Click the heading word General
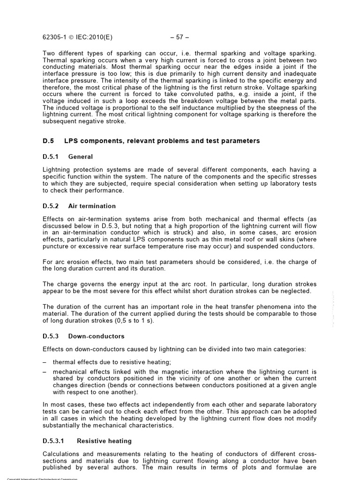tap(81, 157)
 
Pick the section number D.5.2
tap(52, 206)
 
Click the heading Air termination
tap(92, 206)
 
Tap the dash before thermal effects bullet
tap(45, 362)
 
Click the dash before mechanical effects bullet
tap(45, 371)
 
